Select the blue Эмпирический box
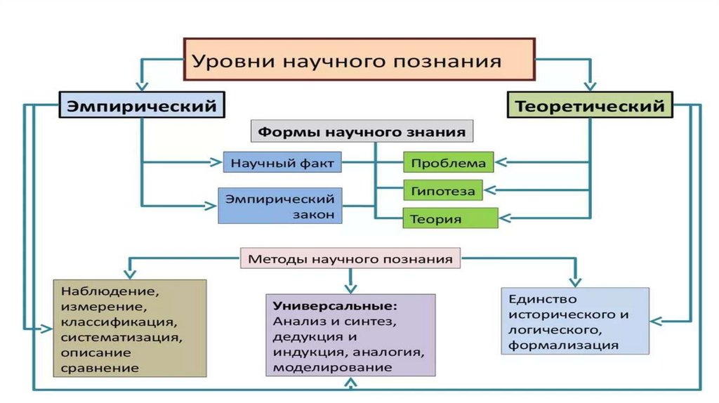142,105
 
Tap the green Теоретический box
589,105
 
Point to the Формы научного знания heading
362,131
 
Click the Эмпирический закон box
280,205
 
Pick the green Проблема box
448,164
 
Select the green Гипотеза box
442,191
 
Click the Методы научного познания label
350,259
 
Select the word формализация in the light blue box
564,345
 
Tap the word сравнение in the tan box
100,368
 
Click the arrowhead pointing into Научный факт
216,163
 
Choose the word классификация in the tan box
117,322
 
